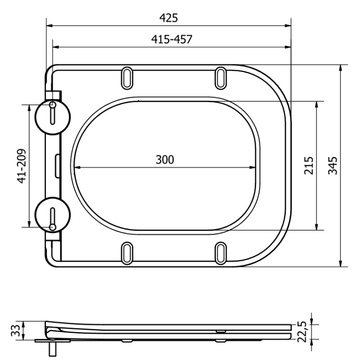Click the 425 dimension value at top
[x=169, y=18]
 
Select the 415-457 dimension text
[x=171, y=39]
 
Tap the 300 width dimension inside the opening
[x=165, y=159]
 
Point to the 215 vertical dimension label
[x=308, y=166]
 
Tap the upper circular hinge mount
[x=53, y=117]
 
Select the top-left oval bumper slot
[x=127, y=77]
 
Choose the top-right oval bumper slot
[x=221, y=77]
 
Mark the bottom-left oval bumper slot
[x=127, y=253]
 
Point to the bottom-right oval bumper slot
[x=221, y=253]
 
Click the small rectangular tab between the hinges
[x=57, y=165]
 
